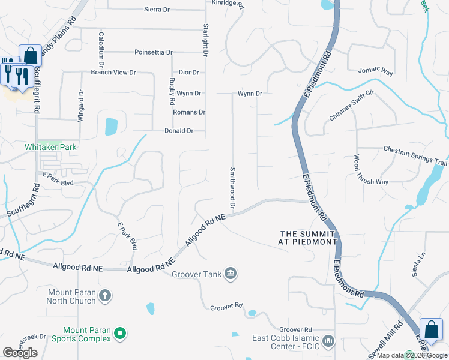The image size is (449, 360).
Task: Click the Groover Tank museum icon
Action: tap(231, 275)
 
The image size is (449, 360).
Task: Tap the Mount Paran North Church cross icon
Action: tap(105, 295)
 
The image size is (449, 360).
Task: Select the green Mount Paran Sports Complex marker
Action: tap(120, 333)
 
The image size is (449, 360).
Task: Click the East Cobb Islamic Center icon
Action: tap(328, 341)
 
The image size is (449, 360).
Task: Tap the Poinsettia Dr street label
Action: tap(154, 52)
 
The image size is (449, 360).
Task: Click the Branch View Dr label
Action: tap(113, 73)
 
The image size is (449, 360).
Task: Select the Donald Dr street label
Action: tap(179, 131)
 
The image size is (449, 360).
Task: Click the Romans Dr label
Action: tap(189, 112)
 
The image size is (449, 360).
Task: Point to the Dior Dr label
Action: tap(188, 73)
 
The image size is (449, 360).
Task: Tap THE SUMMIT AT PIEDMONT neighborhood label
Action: tap(308, 237)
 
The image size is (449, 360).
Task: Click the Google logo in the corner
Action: tap(20, 353)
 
